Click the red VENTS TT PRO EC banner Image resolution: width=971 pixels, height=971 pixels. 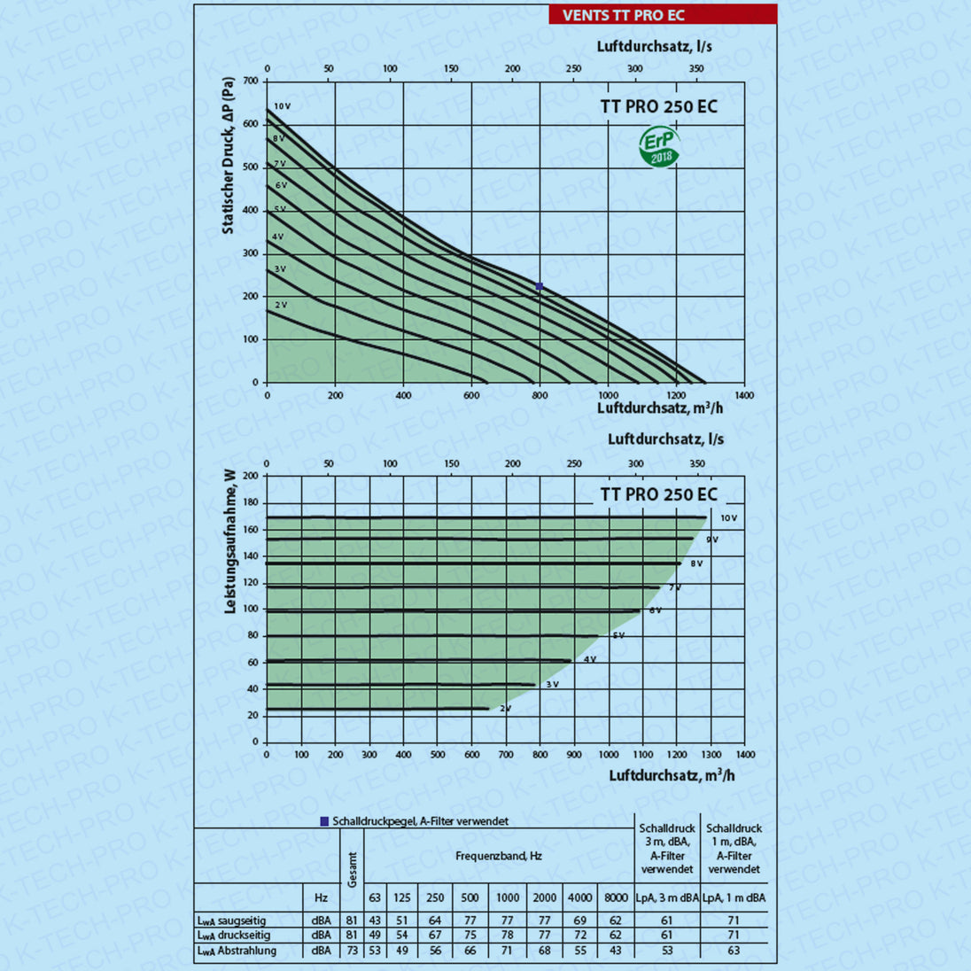click(663, 14)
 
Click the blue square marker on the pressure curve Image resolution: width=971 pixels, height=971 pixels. click(539, 286)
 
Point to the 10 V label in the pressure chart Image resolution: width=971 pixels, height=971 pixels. click(282, 106)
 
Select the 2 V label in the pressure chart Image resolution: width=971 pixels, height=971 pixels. click(281, 305)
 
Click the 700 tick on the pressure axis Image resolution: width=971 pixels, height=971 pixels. click(251, 82)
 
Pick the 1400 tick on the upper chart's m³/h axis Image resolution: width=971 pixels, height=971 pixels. click(744, 395)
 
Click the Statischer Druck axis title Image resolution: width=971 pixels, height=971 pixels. click(229, 155)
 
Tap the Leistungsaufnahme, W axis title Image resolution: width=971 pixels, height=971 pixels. click(229, 540)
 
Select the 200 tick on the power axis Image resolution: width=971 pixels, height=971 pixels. click(251, 476)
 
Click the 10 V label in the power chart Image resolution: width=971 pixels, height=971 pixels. click(728, 518)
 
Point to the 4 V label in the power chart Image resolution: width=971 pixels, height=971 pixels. click(590, 660)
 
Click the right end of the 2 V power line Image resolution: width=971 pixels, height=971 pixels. click(488, 708)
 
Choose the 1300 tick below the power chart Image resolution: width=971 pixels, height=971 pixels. click(711, 755)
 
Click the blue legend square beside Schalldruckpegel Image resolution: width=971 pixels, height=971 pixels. click(324, 821)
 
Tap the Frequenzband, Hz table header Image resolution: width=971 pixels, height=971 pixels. click(499, 856)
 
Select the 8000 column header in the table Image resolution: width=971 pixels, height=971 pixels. click(616, 897)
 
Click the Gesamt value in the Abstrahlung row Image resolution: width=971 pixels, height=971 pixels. click(352, 951)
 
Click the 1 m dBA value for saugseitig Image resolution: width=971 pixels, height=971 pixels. click(734, 921)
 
